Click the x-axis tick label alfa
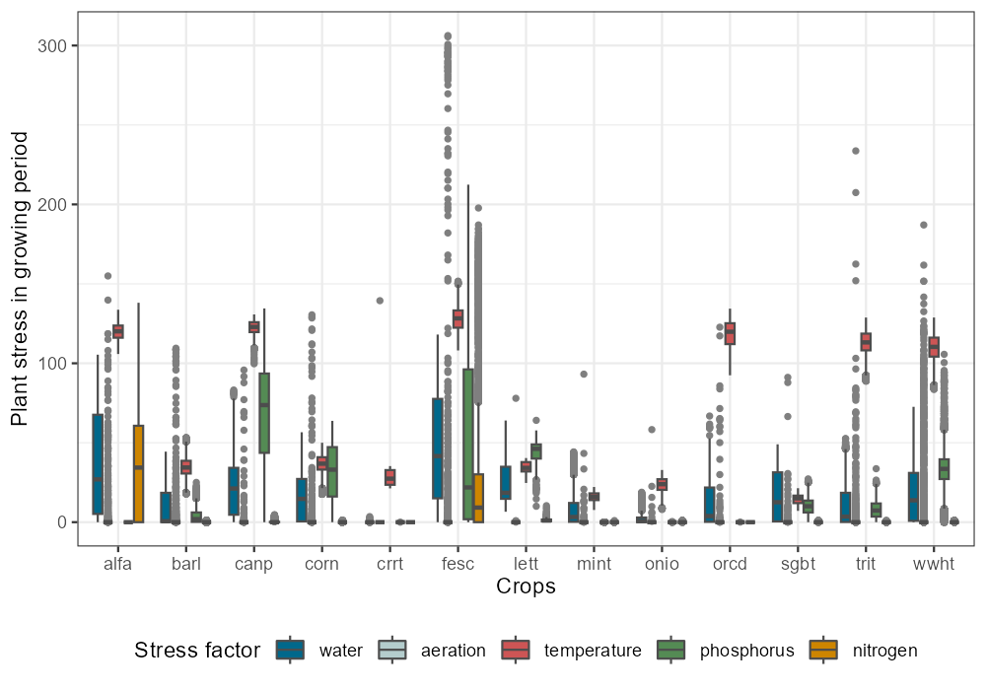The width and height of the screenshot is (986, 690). tap(117, 564)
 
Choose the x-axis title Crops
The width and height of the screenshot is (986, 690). tap(526, 587)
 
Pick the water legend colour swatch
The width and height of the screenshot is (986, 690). tap(290, 650)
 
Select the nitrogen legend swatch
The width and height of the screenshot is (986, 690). tap(822, 650)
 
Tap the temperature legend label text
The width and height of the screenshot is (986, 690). tap(593, 651)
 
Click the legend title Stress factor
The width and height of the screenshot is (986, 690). tap(197, 651)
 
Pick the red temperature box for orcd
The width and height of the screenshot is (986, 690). tap(730, 333)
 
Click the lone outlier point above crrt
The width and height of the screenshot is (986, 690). tap(380, 301)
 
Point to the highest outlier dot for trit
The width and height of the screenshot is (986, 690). tap(856, 151)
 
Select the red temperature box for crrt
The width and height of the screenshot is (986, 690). tap(390, 477)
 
